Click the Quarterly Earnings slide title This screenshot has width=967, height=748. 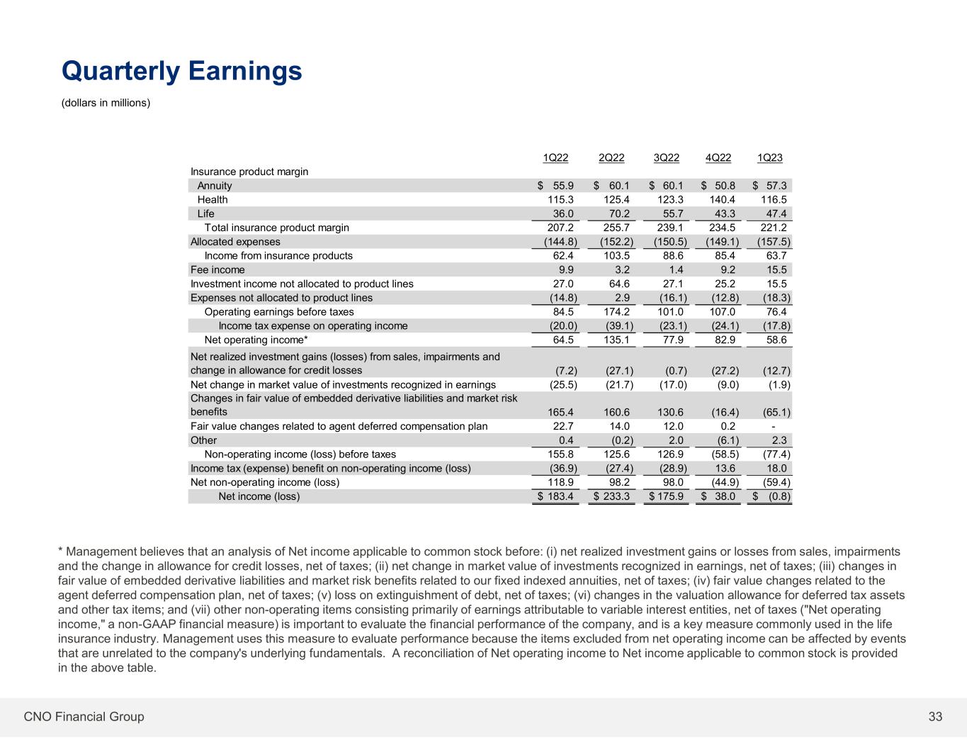(182, 71)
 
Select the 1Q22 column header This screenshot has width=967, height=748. (555, 158)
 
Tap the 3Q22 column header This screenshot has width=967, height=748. (666, 158)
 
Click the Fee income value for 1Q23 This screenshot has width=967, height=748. (775, 270)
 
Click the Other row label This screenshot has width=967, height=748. (203, 440)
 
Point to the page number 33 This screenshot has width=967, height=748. (935, 717)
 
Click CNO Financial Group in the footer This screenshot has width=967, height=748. (84, 717)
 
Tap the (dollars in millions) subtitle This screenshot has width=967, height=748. (106, 104)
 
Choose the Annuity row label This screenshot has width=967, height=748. (215, 186)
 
